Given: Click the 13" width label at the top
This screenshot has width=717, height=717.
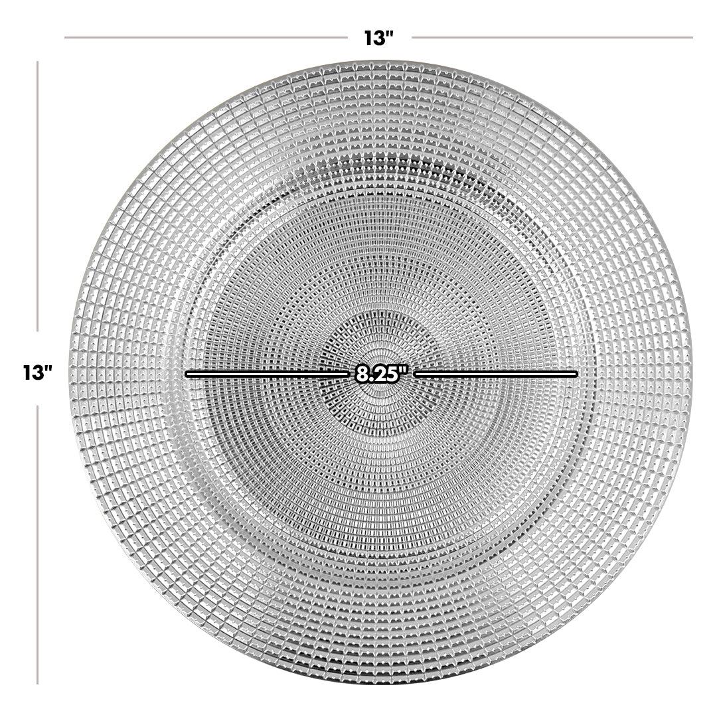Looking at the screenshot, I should coord(379,38).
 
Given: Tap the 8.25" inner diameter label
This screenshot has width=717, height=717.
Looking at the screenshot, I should coord(381,374).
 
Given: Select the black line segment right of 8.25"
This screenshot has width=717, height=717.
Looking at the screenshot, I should coord(495,374).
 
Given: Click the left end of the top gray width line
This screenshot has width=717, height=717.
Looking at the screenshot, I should coord(65,37).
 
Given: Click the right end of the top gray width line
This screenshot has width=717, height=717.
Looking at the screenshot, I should coord(692,37).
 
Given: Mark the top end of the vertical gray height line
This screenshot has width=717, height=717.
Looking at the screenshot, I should coord(37,62).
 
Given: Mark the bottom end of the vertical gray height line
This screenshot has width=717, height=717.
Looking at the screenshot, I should coord(37,684).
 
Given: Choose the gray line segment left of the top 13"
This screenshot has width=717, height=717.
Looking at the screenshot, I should coord(206,37).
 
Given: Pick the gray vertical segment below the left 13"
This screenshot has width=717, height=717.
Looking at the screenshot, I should coord(37,544).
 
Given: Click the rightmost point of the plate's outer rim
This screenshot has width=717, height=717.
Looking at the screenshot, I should coord(691,374).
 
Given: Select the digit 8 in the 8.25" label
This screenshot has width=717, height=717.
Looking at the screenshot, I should coord(362,374).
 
